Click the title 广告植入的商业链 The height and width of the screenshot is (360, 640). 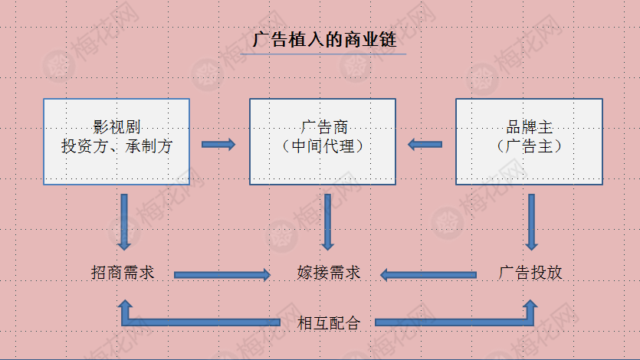click(323, 41)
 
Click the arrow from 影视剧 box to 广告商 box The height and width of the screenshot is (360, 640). click(218, 143)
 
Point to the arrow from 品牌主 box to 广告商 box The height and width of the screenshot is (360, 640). click(425, 143)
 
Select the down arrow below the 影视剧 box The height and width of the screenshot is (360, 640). click(124, 223)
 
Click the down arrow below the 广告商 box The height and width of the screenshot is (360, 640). click(328, 223)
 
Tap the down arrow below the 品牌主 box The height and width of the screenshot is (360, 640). click(531, 223)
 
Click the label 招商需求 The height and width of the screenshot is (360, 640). click(123, 273)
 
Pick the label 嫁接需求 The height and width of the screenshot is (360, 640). click(328, 273)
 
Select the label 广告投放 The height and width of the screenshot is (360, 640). click(530, 273)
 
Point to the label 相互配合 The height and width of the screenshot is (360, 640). click(328, 322)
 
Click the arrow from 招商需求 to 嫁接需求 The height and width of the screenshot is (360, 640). click(222, 273)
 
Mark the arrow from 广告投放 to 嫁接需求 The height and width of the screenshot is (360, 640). click(429, 273)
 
